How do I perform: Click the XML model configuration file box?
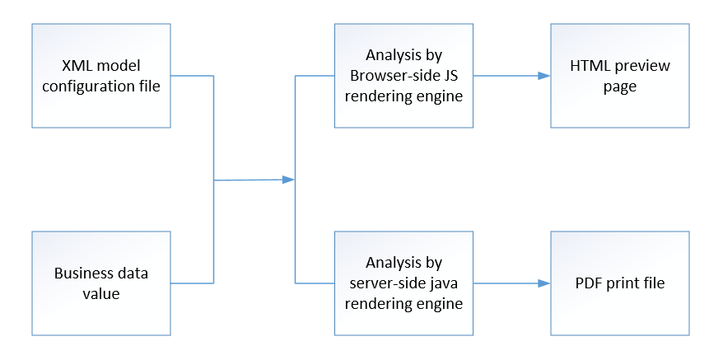(x=100, y=76)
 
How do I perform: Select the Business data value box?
(x=100, y=283)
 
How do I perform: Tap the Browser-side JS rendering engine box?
(x=403, y=76)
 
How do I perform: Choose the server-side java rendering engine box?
(x=403, y=283)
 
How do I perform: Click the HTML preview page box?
(x=619, y=76)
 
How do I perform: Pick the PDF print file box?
(x=619, y=283)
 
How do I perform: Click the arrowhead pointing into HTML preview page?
(x=543, y=76)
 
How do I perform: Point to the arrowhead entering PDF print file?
(x=543, y=283)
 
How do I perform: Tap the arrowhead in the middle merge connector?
(x=288, y=179)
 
